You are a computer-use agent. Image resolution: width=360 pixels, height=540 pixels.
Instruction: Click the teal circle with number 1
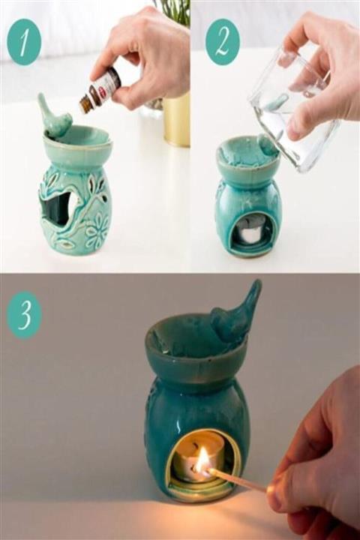coord(24,42)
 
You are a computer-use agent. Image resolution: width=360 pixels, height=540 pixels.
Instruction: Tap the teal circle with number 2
coord(222,42)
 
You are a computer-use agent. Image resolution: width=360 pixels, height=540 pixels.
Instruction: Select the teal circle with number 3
coord(24,315)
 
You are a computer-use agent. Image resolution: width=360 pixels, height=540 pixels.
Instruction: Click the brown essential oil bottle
coord(100,90)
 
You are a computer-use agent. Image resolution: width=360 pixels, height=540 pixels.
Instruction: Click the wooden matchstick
coord(238,479)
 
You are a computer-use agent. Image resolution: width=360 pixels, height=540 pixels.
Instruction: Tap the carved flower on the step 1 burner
coord(96,229)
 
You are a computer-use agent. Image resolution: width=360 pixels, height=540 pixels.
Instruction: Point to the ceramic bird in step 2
coord(269,145)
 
